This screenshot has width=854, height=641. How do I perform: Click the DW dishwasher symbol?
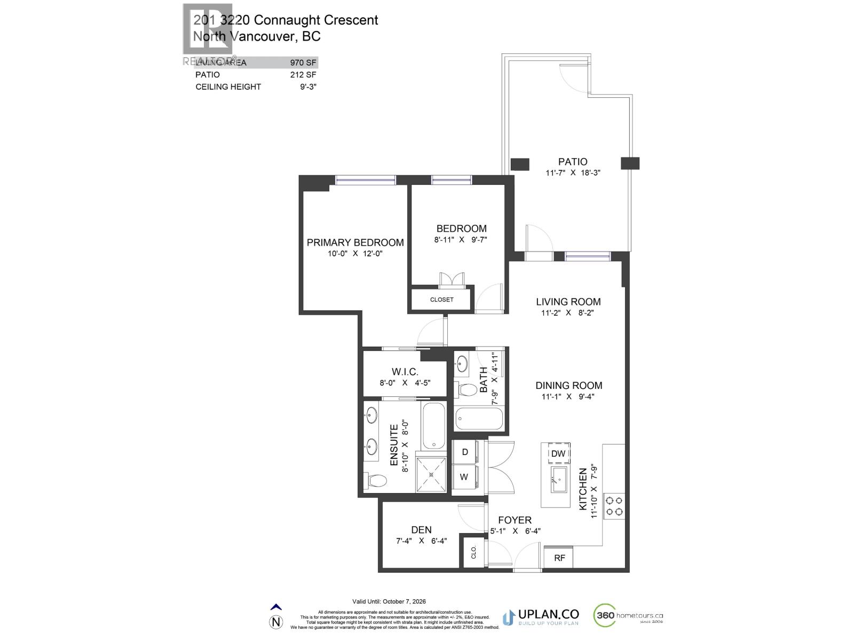point(558,454)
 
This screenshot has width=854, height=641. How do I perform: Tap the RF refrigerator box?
point(559,558)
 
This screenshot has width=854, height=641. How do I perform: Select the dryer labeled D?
point(465,452)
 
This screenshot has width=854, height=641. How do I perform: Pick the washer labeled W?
point(464,477)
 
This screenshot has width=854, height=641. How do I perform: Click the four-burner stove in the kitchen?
point(614,506)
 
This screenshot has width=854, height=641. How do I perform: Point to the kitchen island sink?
point(559,479)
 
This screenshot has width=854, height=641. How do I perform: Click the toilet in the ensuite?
point(376,480)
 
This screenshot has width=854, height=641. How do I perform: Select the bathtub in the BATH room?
point(479,418)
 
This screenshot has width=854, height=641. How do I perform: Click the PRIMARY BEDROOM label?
point(355,243)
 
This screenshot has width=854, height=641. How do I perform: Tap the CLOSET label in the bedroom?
point(441,300)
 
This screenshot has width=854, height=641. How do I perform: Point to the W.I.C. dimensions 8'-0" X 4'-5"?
point(405,383)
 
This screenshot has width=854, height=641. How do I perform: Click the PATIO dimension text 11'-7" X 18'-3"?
point(573,173)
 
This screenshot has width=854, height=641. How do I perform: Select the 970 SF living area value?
point(303,62)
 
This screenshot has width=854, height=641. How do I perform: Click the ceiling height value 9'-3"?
point(308,87)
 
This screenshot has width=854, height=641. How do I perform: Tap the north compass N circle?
point(276,622)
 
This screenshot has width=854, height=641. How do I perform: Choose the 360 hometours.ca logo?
point(628,616)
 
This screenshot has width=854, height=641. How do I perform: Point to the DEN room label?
point(421,530)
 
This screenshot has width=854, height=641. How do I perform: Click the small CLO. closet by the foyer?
point(473,552)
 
